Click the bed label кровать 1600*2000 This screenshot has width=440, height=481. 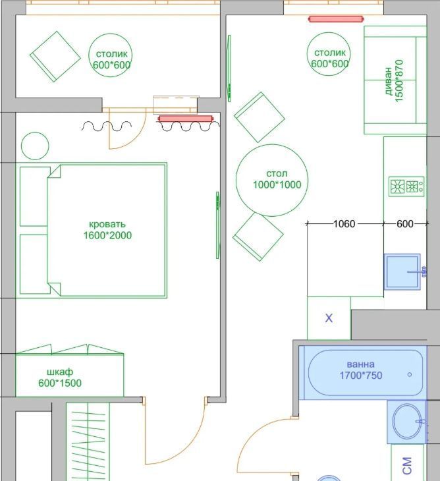point(107,230)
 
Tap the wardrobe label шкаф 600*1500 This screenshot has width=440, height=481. point(60,378)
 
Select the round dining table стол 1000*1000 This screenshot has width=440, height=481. point(272,181)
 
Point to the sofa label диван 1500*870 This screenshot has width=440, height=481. point(394,80)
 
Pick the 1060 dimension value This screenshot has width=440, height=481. point(344,224)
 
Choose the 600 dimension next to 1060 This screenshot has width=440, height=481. point(404,224)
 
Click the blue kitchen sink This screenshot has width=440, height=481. point(402,271)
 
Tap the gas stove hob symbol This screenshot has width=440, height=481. point(406,186)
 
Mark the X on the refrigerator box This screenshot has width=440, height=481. point(329,318)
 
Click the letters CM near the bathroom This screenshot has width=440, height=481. point(407,466)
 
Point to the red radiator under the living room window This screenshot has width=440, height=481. point(336,19)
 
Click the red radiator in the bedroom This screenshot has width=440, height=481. point(185,119)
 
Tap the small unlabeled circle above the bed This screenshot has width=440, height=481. point(35,146)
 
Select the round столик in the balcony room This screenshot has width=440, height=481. point(111,55)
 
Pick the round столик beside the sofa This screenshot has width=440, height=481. point(329,54)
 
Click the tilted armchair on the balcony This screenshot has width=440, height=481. point(55,57)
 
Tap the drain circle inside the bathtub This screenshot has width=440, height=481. point(410,374)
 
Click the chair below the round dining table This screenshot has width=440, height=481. point(258,237)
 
